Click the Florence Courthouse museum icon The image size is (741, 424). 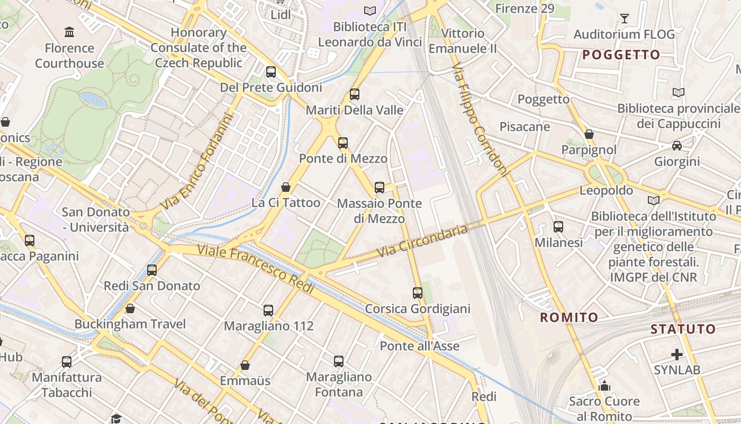pos(69,32)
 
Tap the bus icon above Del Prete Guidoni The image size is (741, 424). pos(271,72)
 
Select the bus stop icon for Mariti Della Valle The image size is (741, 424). pos(355,94)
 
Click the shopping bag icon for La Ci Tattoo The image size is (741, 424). pos(286,187)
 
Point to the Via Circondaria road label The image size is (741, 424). pos(423,241)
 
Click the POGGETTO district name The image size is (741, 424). pos(621,55)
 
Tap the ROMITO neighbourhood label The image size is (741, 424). pos(569,317)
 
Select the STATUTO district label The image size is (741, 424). pos(683,329)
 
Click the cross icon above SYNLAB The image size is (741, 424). pos(677,354)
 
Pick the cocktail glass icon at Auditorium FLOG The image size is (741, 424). pos(625,19)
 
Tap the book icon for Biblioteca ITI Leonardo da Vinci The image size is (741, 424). pos(370,11)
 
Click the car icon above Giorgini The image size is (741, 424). pos(676,145)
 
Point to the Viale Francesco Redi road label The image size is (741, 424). pos(256,269)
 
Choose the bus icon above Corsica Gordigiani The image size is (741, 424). pos(418,293)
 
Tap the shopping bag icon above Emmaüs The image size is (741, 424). pos(245,365)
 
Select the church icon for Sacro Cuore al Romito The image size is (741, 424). pos(604,385)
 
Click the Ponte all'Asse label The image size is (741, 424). pos(420,346)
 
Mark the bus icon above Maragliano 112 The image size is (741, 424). pos(268,310)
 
